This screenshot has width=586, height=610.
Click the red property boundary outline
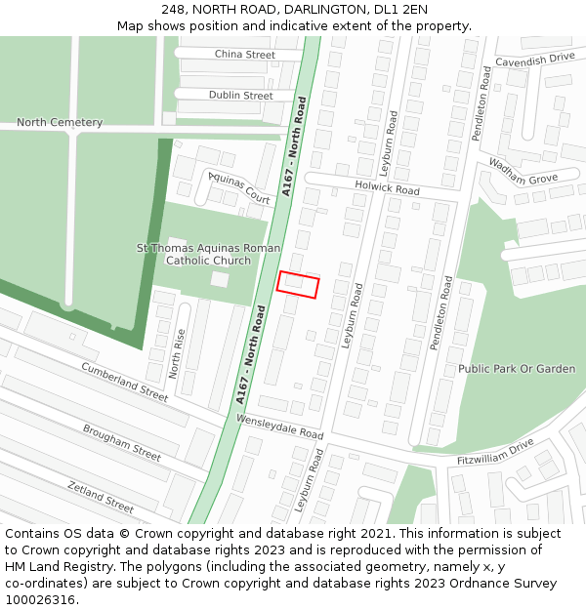[x=298, y=284]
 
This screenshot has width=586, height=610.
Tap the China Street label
[x=244, y=55]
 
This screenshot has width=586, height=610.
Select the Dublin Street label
[x=240, y=96]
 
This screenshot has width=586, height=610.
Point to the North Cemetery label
[x=60, y=123]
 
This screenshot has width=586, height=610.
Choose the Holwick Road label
[x=388, y=187]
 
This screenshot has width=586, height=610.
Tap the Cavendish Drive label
[x=534, y=60]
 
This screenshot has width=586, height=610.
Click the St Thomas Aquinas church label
[x=208, y=255]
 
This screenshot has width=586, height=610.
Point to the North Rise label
[x=177, y=353]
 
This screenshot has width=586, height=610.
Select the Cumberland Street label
[x=125, y=382]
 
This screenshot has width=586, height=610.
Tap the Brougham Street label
[x=121, y=442]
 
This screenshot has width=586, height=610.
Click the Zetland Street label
[x=101, y=497]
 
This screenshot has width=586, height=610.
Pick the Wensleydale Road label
[x=279, y=426]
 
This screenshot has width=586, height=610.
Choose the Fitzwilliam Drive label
[x=497, y=451]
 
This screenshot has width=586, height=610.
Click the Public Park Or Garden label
[x=517, y=369]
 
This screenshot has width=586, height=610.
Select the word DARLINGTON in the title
[x=311, y=10]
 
